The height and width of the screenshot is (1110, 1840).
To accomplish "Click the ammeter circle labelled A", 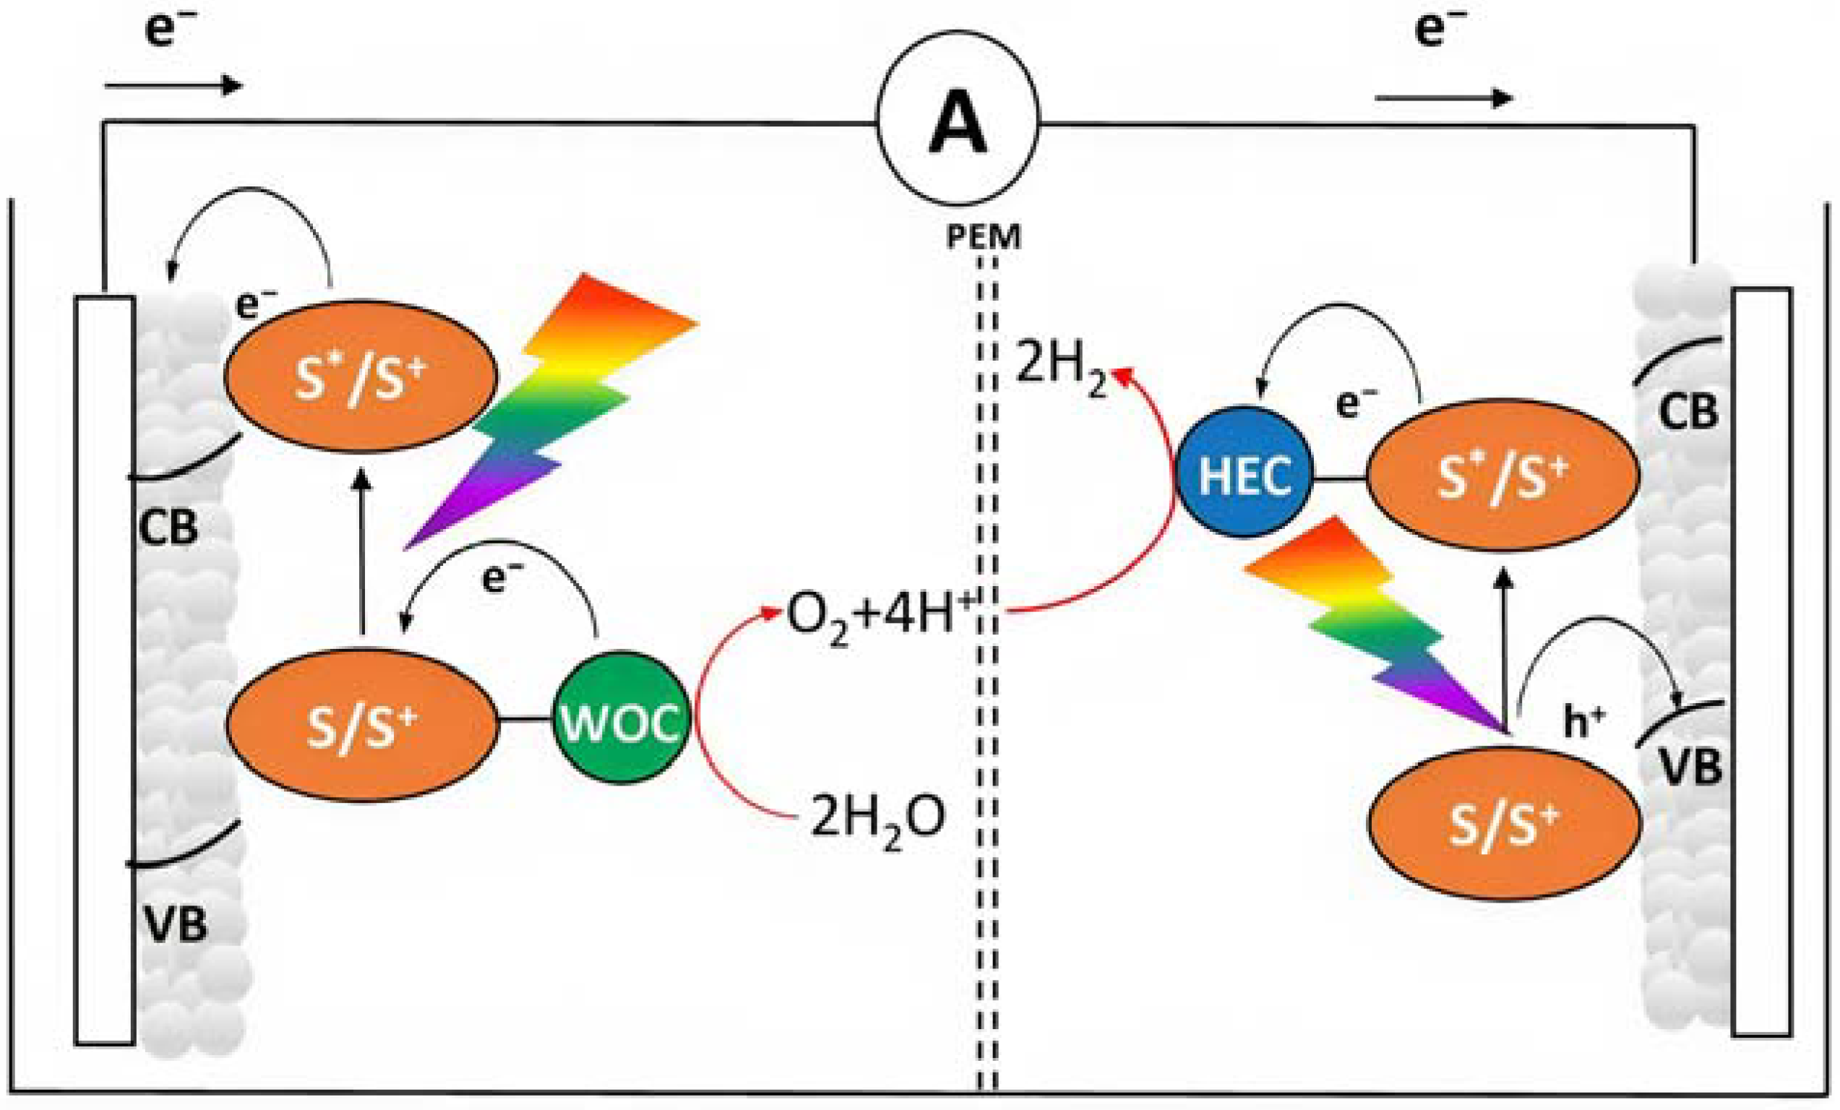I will [x=958, y=118].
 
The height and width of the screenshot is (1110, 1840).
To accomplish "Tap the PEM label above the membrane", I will [x=983, y=237].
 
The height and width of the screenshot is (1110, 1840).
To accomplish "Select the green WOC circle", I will [x=621, y=718].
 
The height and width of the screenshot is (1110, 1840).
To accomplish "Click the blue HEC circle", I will [x=1244, y=473].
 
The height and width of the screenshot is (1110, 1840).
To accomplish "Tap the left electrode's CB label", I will [x=169, y=527].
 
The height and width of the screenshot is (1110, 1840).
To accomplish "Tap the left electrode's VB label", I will [x=176, y=924].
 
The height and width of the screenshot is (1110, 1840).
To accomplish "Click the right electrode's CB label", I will [x=1688, y=411].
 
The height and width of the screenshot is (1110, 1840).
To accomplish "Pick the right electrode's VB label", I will [x=1690, y=766].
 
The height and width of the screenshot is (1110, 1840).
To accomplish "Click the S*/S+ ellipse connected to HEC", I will [x=1502, y=476].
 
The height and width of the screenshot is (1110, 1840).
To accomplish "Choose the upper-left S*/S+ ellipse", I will [x=361, y=377].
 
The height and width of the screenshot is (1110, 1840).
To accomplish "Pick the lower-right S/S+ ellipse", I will [x=1504, y=823].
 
